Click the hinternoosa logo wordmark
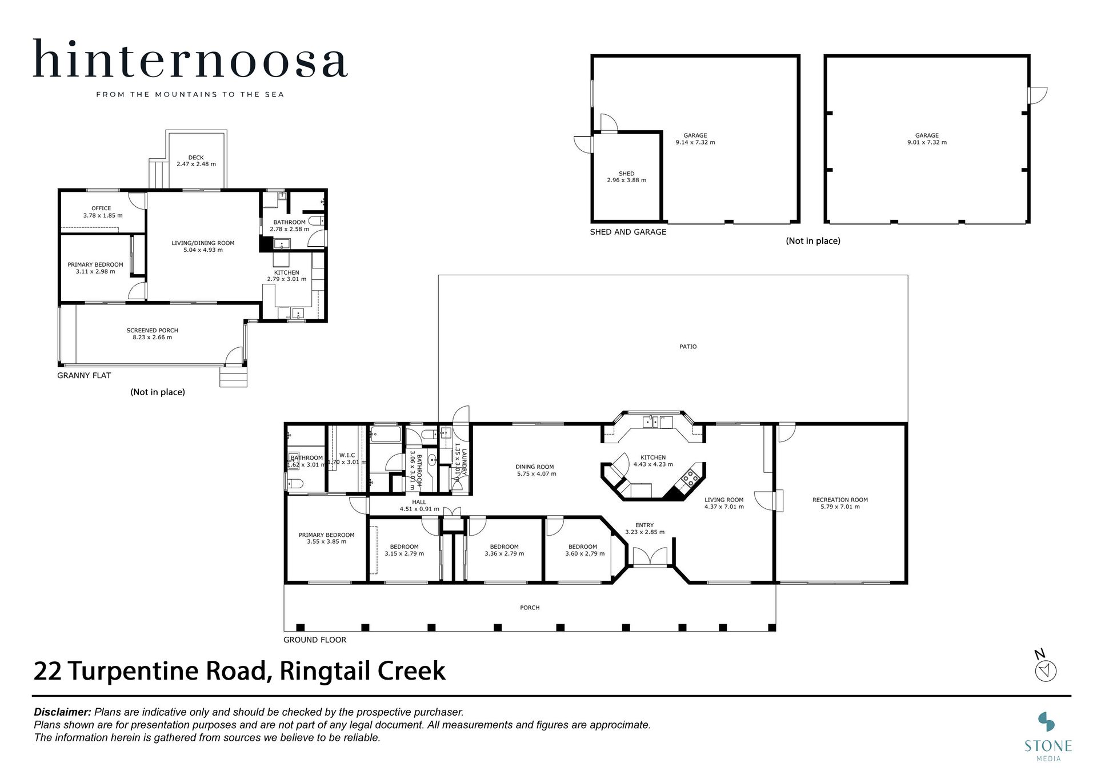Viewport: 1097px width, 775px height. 190,58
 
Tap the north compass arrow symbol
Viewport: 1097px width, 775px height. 1046,670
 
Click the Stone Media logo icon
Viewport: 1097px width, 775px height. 1047,722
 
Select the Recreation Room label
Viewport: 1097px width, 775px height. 840,500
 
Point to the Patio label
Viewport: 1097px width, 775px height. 688,347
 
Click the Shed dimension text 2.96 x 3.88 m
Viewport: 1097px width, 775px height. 626,180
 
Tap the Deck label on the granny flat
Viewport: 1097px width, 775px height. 196,158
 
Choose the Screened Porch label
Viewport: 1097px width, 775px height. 153,331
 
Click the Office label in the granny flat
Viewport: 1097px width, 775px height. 101,208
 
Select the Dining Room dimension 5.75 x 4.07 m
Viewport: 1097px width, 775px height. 537,474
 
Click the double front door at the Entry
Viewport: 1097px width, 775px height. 650,557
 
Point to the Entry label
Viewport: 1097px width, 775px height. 644,525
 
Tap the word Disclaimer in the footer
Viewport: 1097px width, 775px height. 63,712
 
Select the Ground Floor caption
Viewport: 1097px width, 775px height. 315,640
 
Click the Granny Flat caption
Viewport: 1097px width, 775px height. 84,375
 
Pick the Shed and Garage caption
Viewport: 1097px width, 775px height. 628,232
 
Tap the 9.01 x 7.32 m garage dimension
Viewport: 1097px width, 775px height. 927,143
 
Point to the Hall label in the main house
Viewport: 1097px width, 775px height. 419,503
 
